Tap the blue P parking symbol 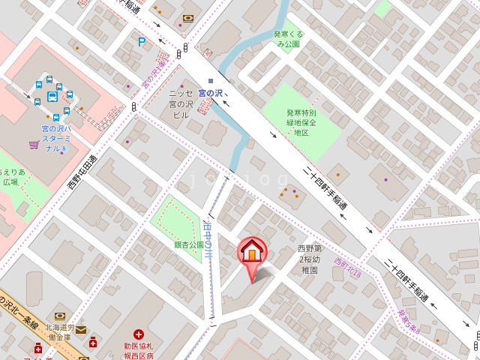141,43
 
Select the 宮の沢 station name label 205,93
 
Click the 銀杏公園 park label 189,244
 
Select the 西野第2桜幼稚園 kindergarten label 310,259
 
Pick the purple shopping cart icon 34,144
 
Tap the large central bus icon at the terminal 52,96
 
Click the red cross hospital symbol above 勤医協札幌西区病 139,334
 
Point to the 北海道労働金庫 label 59,332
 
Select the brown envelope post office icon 81,330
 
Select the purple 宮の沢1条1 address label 155,70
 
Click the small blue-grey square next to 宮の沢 211,80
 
